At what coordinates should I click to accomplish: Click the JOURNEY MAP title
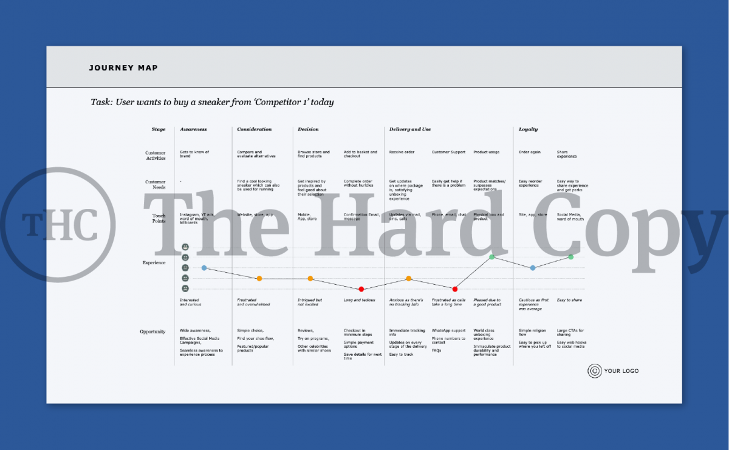pos(123,68)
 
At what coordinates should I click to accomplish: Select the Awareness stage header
pos(193,129)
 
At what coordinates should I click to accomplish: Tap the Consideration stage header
pos(254,129)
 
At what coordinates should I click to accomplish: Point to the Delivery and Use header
pos(410,129)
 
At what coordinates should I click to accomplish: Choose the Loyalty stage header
pos(528,129)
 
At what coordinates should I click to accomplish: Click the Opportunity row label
pos(152,332)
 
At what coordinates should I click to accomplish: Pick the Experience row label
pos(154,262)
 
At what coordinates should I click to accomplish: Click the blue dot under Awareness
pos(204,268)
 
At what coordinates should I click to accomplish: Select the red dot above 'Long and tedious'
pos(361,289)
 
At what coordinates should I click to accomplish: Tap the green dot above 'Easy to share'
pos(571,257)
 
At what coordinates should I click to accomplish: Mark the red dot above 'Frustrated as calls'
pos(454,289)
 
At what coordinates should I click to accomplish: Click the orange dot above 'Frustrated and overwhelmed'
pos(259,279)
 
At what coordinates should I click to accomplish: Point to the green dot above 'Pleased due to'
pos(491,257)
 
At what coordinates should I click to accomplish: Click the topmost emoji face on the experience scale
pos(185,247)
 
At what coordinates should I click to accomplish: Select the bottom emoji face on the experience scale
pos(185,288)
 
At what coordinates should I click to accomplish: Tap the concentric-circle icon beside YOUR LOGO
pos(595,371)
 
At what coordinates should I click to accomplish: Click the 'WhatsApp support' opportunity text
pos(448,331)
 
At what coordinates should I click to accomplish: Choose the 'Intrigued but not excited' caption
pos(309,302)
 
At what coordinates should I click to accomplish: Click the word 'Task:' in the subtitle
pos(101,102)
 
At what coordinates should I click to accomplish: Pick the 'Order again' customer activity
pos(529,152)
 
